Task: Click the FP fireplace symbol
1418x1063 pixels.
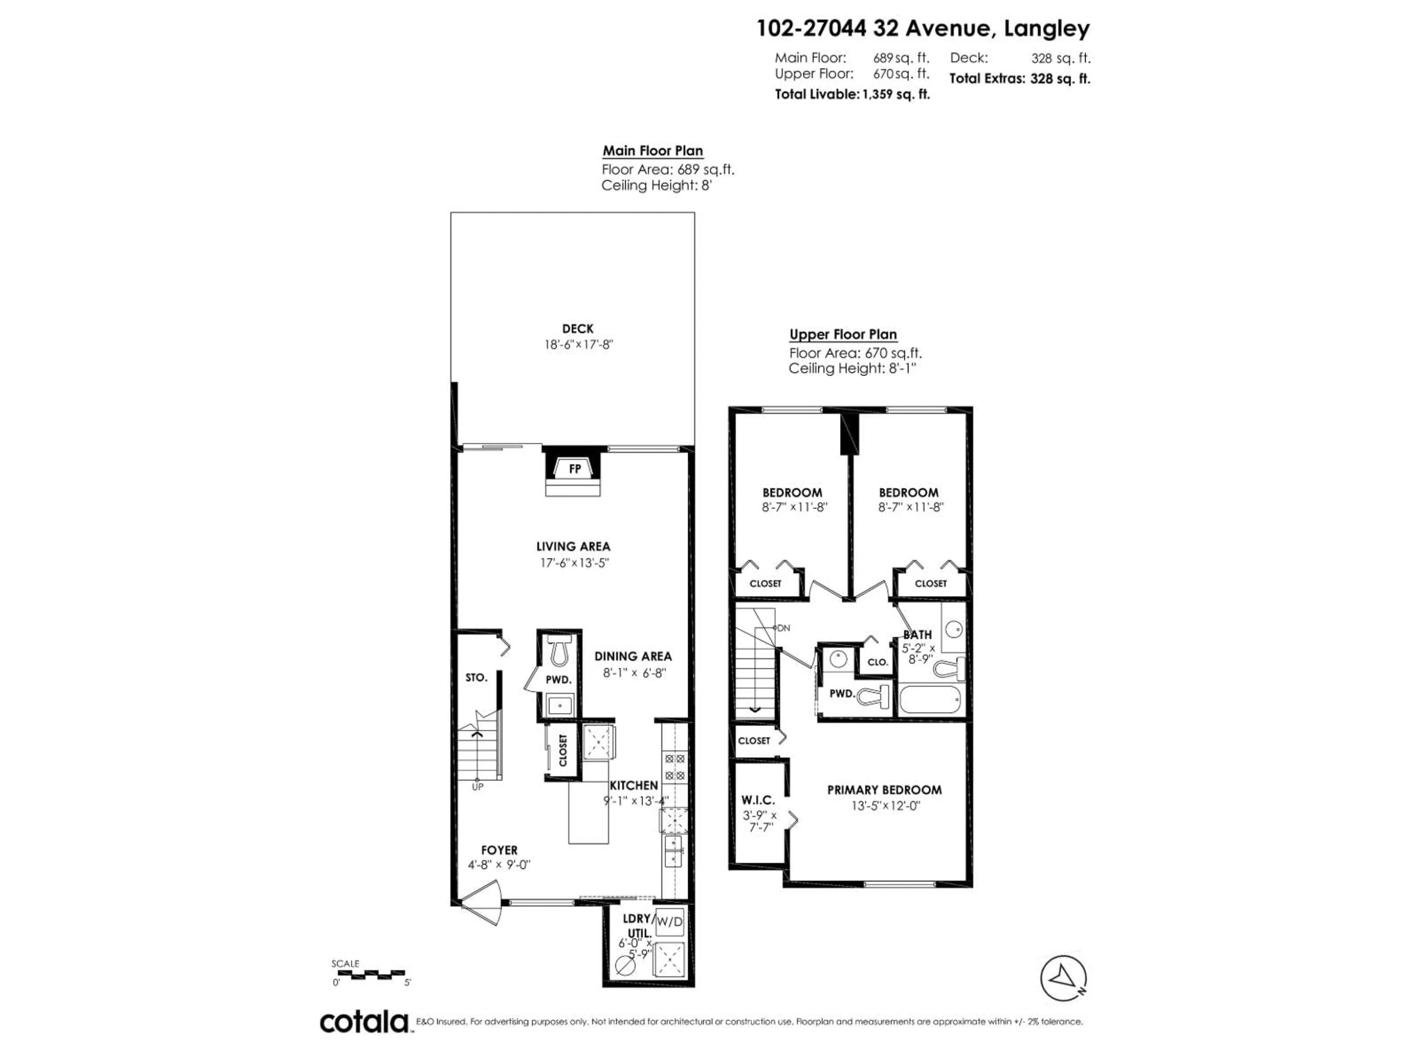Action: pyautogui.click(x=574, y=469)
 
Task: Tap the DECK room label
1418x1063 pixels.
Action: pyautogui.click(x=578, y=329)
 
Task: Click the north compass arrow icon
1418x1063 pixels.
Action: pyautogui.click(x=1063, y=978)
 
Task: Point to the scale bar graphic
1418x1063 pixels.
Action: pyautogui.click(x=369, y=974)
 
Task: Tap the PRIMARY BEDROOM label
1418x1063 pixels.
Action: pyautogui.click(x=884, y=790)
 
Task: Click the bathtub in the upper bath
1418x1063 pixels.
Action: pyautogui.click(x=930, y=700)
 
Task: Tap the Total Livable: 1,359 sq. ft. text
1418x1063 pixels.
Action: pyautogui.click(x=852, y=94)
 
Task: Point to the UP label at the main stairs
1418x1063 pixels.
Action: pyautogui.click(x=477, y=787)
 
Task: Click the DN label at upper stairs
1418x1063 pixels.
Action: pyautogui.click(x=783, y=628)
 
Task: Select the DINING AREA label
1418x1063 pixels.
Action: pyautogui.click(x=633, y=656)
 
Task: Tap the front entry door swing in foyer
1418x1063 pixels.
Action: pyautogui.click(x=482, y=902)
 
